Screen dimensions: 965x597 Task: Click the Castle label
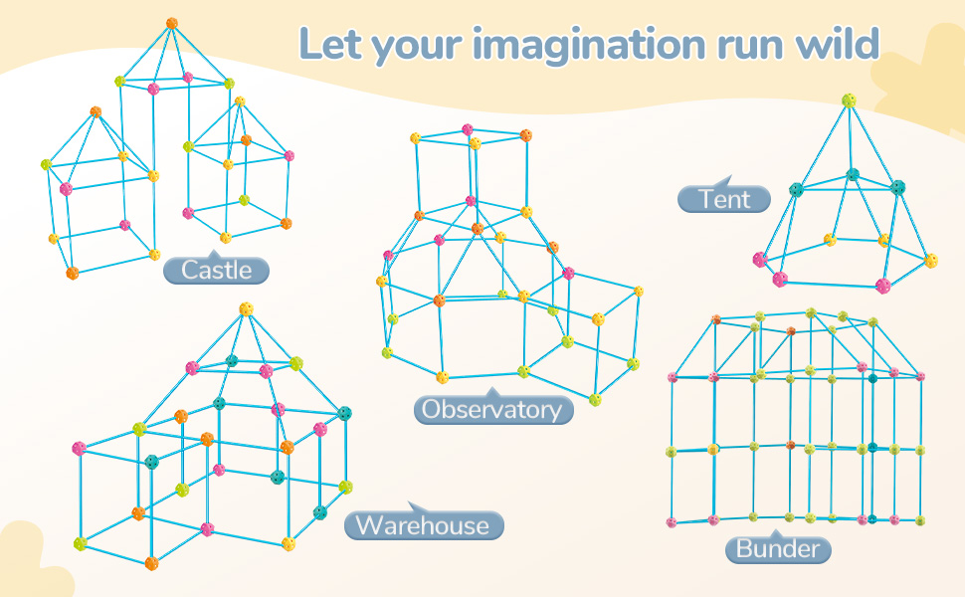coord(216,270)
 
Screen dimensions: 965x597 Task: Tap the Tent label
coord(724,199)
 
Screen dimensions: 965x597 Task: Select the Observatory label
coord(493,409)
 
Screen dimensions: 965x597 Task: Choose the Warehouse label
coord(424,525)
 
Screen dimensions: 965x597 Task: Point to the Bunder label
coord(778,548)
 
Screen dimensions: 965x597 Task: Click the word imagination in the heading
coord(588,45)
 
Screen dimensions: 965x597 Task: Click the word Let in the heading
coord(330,45)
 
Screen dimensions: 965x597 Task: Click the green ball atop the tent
coord(849,100)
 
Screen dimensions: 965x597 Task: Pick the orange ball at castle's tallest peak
coord(172,24)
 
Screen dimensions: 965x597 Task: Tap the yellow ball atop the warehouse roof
coord(246,309)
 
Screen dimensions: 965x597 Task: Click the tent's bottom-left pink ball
coord(780,280)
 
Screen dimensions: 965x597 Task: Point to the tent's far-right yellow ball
coord(930,261)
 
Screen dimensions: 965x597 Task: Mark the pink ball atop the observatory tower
coord(468,129)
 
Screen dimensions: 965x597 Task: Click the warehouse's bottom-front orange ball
coord(151,563)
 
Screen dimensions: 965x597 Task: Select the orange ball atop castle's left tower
coord(96,112)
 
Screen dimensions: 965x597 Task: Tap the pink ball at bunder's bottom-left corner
coord(672,522)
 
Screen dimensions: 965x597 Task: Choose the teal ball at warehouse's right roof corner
coord(344,414)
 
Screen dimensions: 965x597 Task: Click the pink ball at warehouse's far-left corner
coord(79,449)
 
